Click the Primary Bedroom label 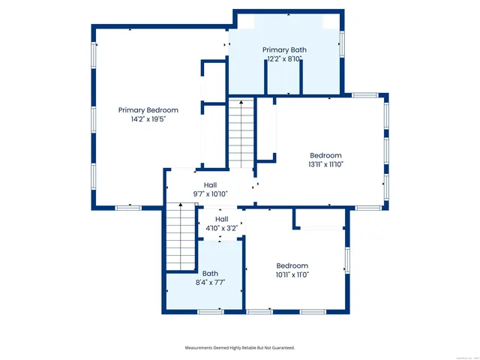pyautogui.click(x=148, y=110)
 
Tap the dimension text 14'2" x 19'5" pyautogui.click(x=148, y=119)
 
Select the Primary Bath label pyautogui.click(x=284, y=50)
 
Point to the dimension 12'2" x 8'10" pyautogui.click(x=284, y=59)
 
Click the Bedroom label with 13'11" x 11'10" pyautogui.click(x=325, y=155)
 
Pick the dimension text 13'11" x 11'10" pyautogui.click(x=325, y=164)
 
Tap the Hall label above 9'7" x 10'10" pyautogui.click(x=210, y=184)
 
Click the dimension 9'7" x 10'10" pyautogui.click(x=210, y=193)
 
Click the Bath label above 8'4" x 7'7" pyautogui.click(x=210, y=273)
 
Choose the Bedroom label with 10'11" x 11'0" pyautogui.click(x=292, y=265)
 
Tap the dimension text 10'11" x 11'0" pyautogui.click(x=292, y=274)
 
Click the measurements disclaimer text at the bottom pyautogui.click(x=240, y=348)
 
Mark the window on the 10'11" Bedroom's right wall pyautogui.click(x=346, y=260)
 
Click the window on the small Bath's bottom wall pyautogui.click(x=210, y=310)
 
